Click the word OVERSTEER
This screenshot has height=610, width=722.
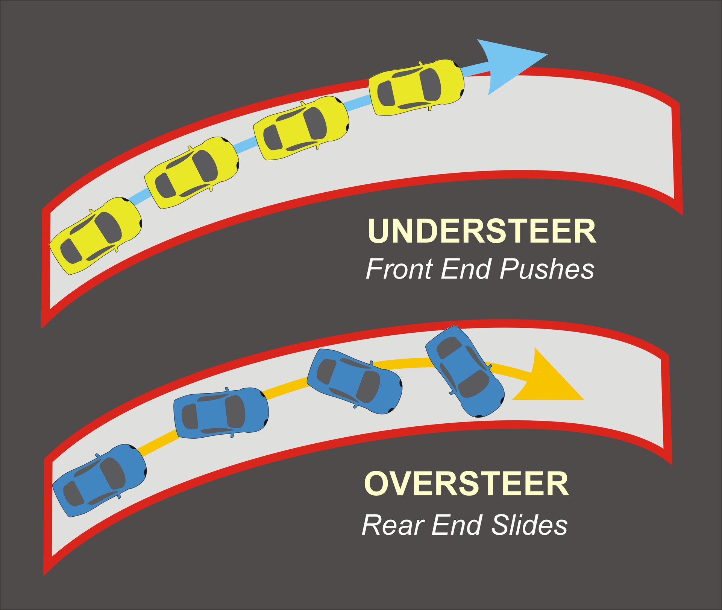pyautogui.click(x=466, y=484)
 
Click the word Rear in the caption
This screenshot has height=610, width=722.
pyautogui.click(x=393, y=525)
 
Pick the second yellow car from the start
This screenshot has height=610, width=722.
pyautogui.click(x=192, y=173)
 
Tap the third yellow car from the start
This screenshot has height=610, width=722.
pyautogui.click(x=301, y=128)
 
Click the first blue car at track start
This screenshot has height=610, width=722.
pyautogui.click(x=99, y=480)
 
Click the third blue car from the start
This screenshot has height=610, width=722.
pyautogui.click(x=355, y=381)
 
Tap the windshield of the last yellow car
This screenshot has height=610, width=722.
pyautogui.click(x=430, y=85)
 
